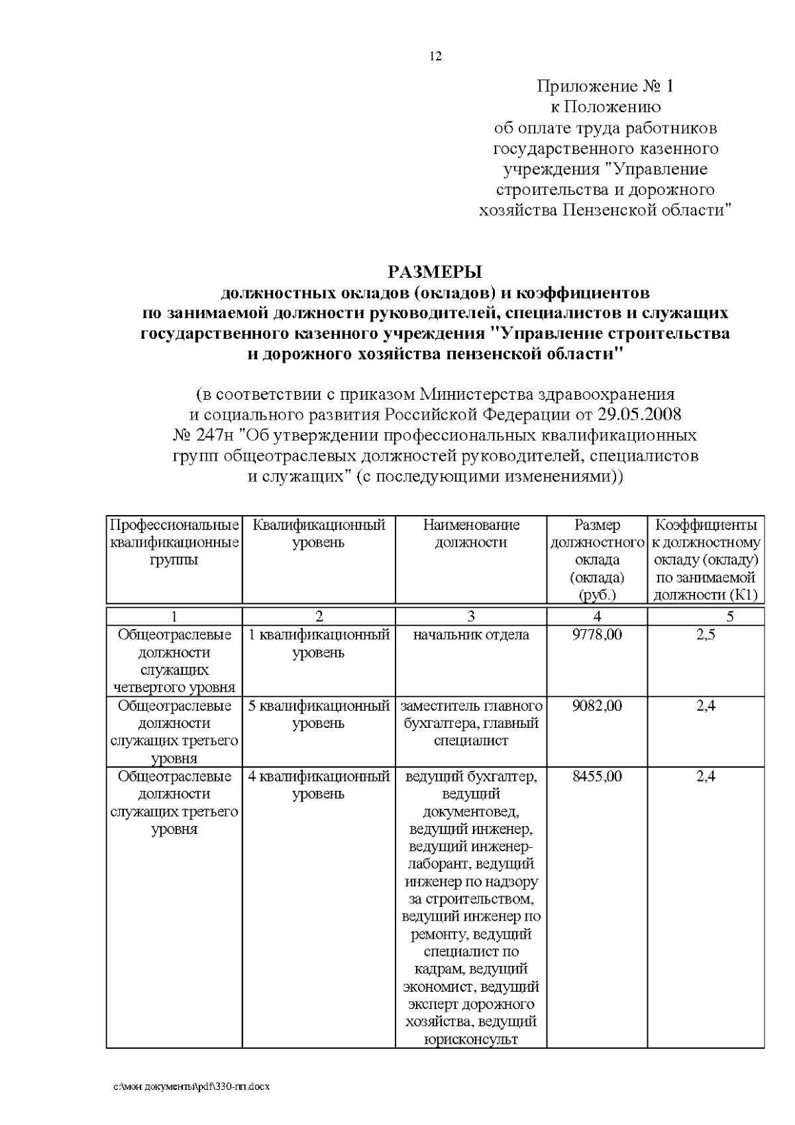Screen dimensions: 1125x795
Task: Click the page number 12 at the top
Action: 436,56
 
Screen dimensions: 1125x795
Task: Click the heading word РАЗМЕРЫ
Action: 435,272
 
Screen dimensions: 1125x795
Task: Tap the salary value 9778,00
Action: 597,635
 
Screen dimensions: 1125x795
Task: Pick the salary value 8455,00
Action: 597,776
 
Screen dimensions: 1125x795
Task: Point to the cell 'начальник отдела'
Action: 471,635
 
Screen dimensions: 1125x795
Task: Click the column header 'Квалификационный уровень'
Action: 319,534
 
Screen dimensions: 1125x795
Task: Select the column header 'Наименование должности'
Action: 471,534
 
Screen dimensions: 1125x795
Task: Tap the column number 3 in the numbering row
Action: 471,617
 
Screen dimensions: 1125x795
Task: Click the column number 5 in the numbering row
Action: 730,617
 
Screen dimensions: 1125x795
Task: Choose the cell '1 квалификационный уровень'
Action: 319,644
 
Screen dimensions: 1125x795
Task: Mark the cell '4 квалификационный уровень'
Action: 319,785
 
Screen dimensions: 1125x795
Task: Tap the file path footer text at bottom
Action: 193,1087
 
